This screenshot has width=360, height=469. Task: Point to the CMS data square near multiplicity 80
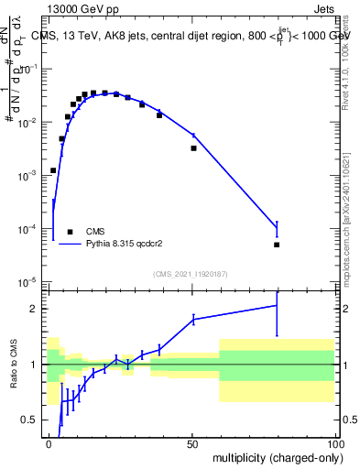(277, 245)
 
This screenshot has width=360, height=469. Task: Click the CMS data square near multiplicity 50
(193, 147)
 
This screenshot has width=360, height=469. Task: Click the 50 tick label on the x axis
(193, 442)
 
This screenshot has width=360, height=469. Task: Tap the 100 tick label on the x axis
(335, 442)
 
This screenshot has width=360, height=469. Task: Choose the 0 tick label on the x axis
(49, 442)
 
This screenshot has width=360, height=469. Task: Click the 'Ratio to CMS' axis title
(14, 362)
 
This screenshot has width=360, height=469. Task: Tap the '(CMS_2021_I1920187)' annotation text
(190, 273)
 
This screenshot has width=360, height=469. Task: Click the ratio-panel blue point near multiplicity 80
(277, 306)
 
